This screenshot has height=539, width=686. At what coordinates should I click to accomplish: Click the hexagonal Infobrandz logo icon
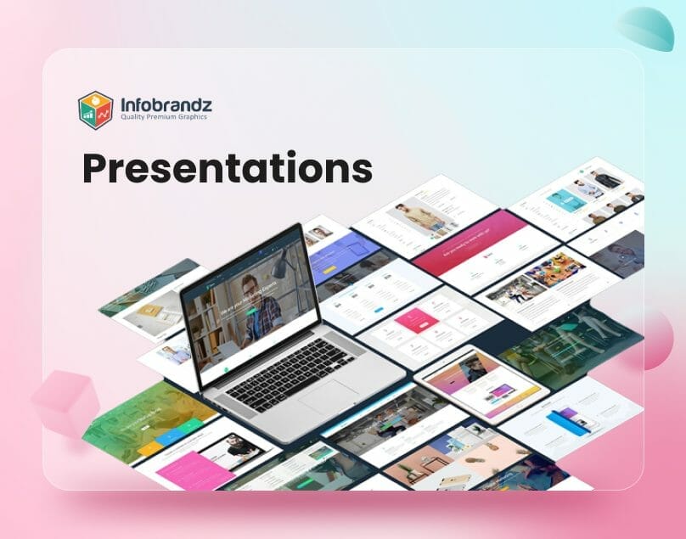tap(95, 110)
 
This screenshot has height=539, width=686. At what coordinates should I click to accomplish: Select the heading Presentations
tap(227, 168)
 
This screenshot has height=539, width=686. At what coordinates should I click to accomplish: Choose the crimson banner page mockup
tap(467, 241)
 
